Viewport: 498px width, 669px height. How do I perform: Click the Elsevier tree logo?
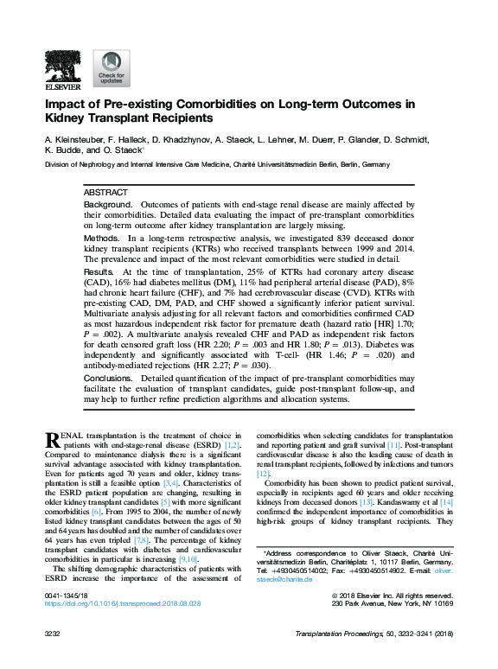point(62,66)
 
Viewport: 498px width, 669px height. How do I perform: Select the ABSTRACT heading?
point(105,192)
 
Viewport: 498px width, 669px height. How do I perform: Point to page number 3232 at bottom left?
point(54,634)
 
